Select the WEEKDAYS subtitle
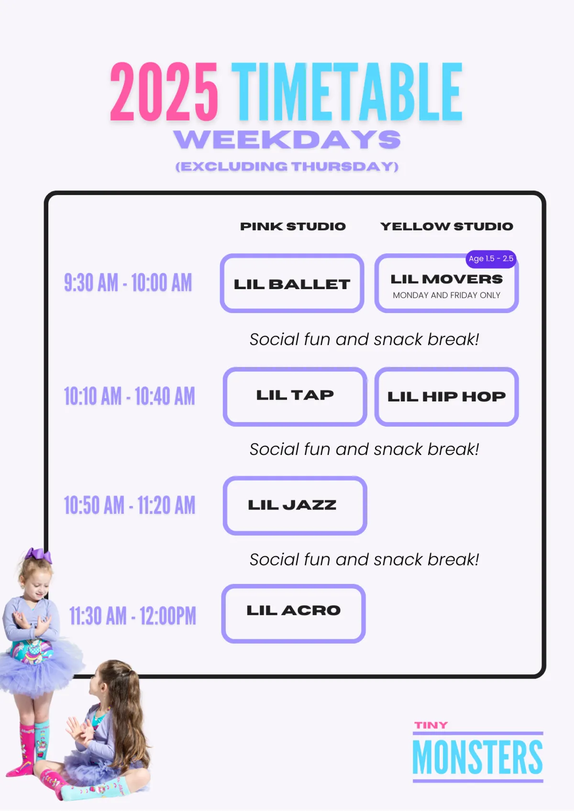click(287, 140)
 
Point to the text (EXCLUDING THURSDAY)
click(287, 166)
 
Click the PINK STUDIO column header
click(293, 226)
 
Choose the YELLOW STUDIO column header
click(447, 226)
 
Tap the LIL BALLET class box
click(292, 283)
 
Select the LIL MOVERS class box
click(446, 283)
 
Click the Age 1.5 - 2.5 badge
click(491, 259)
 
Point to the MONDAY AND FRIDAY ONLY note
click(446, 295)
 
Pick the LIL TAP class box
click(295, 397)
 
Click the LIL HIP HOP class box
click(446, 397)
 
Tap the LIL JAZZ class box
click(295, 506)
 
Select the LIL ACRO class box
click(293, 614)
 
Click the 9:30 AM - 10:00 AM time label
click(128, 282)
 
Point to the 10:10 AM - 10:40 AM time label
click(129, 396)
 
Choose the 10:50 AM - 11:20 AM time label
click(129, 505)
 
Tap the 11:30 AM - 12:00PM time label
click(132, 616)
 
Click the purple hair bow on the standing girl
click(38, 556)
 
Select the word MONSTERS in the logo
click(477, 757)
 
